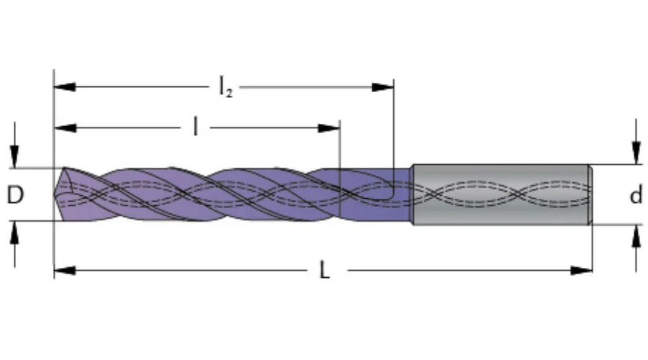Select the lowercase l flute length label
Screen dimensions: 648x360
click(195, 127)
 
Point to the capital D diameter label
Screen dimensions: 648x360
click(15, 194)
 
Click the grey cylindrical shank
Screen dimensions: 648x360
click(501, 194)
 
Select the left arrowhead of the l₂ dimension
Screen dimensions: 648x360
click(65, 87)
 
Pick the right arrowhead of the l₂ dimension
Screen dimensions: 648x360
click(383, 87)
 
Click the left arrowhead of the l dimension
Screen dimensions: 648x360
click(65, 127)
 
